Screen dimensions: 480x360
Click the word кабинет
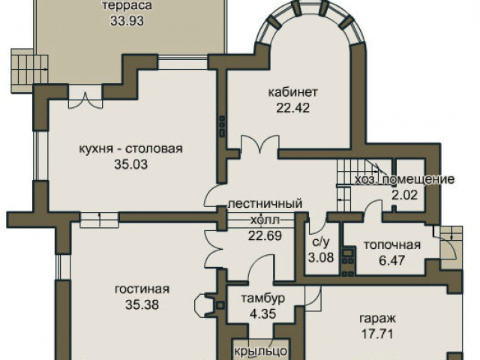click(x=293, y=91)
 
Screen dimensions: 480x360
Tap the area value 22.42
click(x=293, y=108)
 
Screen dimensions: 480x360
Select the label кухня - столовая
click(x=131, y=149)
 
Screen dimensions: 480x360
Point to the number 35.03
click(x=131, y=165)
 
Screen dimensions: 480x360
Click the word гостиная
click(x=142, y=289)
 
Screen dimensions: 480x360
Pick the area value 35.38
click(x=142, y=305)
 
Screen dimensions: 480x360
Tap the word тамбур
click(x=263, y=298)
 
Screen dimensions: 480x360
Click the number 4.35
click(x=263, y=314)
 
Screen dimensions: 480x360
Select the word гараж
click(x=377, y=319)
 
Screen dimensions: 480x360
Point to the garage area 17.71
click(x=377, y=334)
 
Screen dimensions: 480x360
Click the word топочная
click(x=392, y=245)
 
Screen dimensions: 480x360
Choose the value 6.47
click(x=392, y=261)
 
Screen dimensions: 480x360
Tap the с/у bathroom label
click(x=321, y=242)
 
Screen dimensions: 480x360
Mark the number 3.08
click(x=321, y=258)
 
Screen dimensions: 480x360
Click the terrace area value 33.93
click(x=127, y=21)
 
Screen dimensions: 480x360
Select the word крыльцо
click(x=261, y=351)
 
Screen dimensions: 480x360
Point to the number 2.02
click(x=405, y=195)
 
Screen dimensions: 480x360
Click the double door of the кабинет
click(x=260, y=144)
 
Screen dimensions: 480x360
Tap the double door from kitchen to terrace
click(x=85, y=100)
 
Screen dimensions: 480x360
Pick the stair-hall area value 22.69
click(x=265, y=235)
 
